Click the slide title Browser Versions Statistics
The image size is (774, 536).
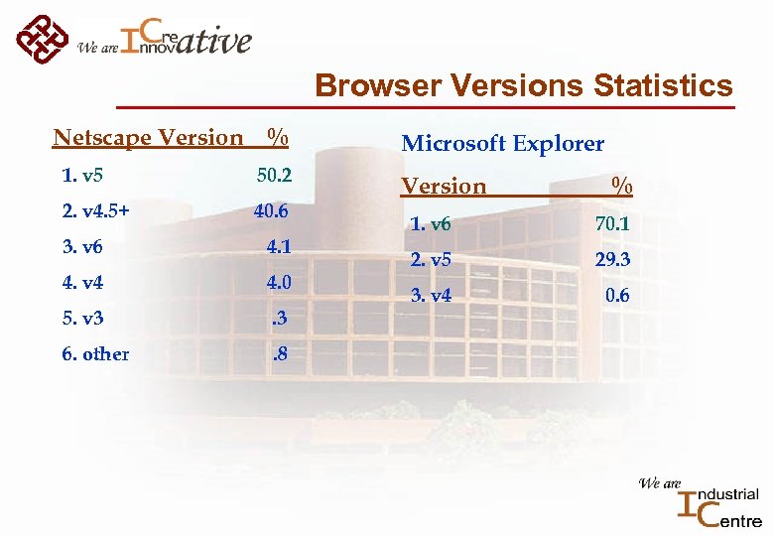click(x=524, y=86)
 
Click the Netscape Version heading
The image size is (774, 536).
click(x=148, y=137)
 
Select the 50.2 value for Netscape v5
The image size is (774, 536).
click(x=273, y=176)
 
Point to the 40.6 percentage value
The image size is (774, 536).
click(x=271, y=211)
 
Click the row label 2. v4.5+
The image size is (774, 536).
click(x=95, y=211)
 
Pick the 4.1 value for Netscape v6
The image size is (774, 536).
click(x=278, y=247)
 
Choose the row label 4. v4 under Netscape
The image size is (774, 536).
click(x=82, y=283)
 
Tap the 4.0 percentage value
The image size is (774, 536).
click(x=278, y=283)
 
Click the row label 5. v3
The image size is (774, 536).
click(x=82, y=319)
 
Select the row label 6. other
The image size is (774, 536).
click(x=95, y=354)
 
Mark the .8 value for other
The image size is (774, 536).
click(x=281, y=354)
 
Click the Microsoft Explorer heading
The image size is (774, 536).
click(x=502, y=144)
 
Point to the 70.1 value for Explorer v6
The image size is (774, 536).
click(x=611, y=225)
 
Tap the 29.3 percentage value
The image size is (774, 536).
click(x=611, y=261)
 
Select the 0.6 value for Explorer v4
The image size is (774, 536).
click(x=616, y=296)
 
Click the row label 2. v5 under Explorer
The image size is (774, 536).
click(x=430, y=261)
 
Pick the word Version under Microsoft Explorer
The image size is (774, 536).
click(x=444, y=187)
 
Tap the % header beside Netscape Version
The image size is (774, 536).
click(x=278, y=137)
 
